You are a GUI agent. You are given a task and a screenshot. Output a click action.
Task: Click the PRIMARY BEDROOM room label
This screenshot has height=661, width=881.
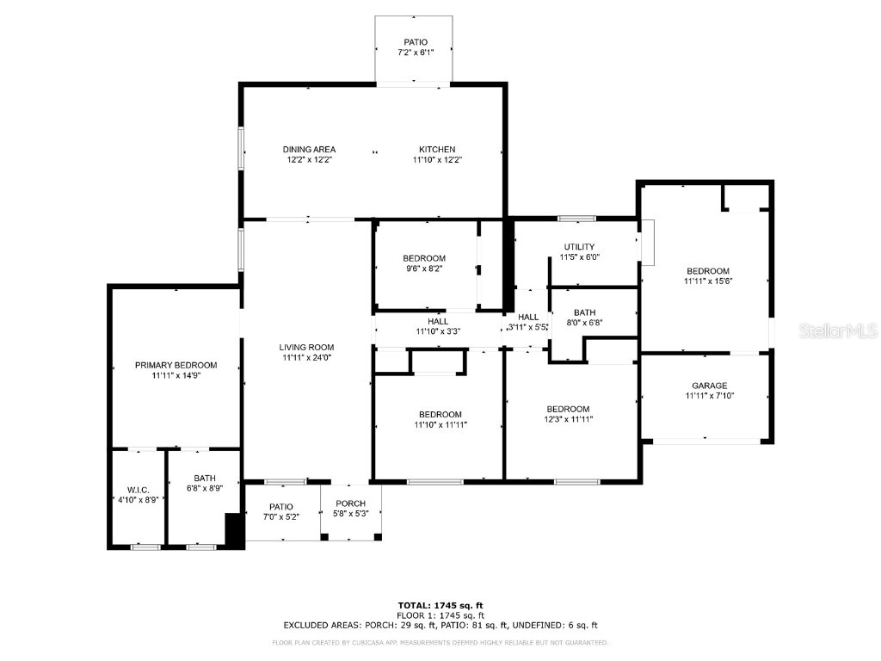[176, 365]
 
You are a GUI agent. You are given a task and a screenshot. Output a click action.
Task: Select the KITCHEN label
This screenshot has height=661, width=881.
[437, 149]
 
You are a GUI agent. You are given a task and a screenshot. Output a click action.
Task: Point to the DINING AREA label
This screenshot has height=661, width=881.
[309, 149]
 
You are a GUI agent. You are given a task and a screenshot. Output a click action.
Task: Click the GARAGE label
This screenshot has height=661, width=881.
[709, 386]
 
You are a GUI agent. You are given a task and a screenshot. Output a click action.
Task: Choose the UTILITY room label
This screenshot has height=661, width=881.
[579, 247]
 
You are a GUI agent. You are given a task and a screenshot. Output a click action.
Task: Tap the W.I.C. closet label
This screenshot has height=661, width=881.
[138, 490]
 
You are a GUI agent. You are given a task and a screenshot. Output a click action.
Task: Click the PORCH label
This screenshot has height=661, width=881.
[350, 503]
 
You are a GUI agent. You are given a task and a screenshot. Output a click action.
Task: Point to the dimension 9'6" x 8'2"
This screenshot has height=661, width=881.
[424, 269]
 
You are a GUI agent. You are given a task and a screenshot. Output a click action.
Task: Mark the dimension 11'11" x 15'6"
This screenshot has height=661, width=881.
[707, 281]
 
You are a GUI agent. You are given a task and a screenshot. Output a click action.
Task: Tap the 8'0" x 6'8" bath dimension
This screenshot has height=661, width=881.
[584, 323]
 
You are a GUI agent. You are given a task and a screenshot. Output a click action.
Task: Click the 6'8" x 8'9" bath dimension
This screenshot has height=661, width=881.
[204, 489]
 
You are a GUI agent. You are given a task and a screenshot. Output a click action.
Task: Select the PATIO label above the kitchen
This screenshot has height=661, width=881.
[416, 42]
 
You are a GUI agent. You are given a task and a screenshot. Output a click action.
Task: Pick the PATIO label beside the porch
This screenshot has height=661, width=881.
[280, 506]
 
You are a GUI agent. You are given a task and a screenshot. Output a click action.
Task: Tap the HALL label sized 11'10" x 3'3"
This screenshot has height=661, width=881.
[438, 321]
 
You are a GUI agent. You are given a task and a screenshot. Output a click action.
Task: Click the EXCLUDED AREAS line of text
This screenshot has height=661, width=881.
[440, 626]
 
